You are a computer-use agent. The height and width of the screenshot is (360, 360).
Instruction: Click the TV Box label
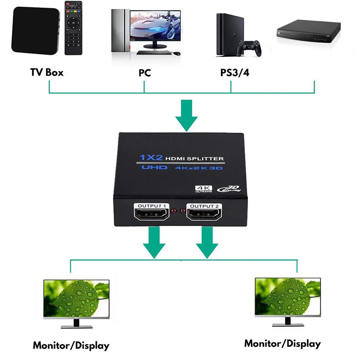point(47,72)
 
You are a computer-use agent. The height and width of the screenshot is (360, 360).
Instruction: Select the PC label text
point(144,72)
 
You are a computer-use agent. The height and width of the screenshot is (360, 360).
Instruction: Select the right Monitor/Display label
point(282,344)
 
